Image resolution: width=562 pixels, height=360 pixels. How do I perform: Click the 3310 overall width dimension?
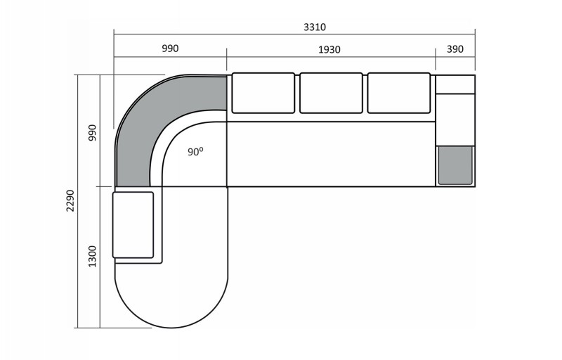(314, 27)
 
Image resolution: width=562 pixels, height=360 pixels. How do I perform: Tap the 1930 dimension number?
(329, 49)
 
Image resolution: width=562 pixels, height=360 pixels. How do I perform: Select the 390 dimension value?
(455, 49)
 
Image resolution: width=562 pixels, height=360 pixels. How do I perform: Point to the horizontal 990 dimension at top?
(170, 49)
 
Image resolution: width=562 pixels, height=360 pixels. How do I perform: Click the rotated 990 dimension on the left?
(93, 133)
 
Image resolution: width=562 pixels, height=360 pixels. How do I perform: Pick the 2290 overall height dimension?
(70, 201)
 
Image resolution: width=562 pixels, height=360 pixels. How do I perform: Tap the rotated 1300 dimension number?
(93, 257)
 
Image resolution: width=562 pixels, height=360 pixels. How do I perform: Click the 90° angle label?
(195, 151)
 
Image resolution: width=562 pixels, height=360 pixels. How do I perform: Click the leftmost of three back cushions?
(263, 93)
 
